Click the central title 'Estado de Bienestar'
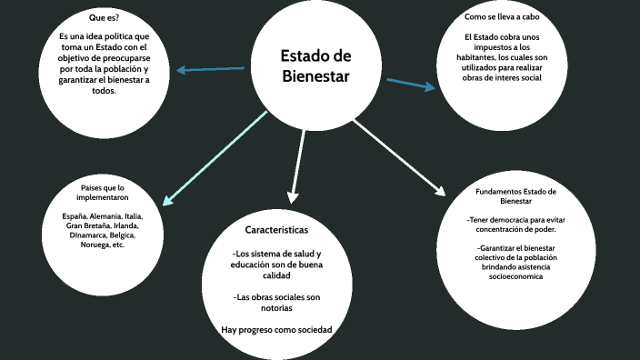tap(315, 66)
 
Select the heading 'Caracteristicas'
tap(276, 229)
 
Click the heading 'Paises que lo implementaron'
tap(102, 192)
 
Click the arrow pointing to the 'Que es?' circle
tap(211, 69)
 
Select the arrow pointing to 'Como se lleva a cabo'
tap(411, 85)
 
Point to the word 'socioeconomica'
tap(516, 276)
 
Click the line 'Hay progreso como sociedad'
tap(276, 328)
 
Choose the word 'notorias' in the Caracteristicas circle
tap(276, 307)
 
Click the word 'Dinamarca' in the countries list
tap(82, 235)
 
